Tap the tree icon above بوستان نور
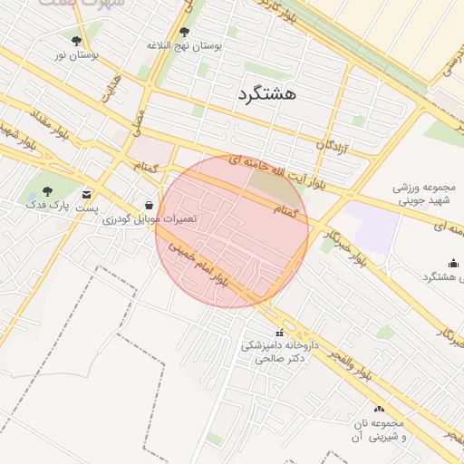[75, 41]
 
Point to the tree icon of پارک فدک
[47, 190]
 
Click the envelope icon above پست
[86, 194]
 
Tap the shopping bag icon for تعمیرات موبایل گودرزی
[149, 205]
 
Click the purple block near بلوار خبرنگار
[371, 223]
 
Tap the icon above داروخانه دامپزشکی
[278, 332]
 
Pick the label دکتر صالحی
[275, 359]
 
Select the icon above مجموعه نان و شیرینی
[379, 409]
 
